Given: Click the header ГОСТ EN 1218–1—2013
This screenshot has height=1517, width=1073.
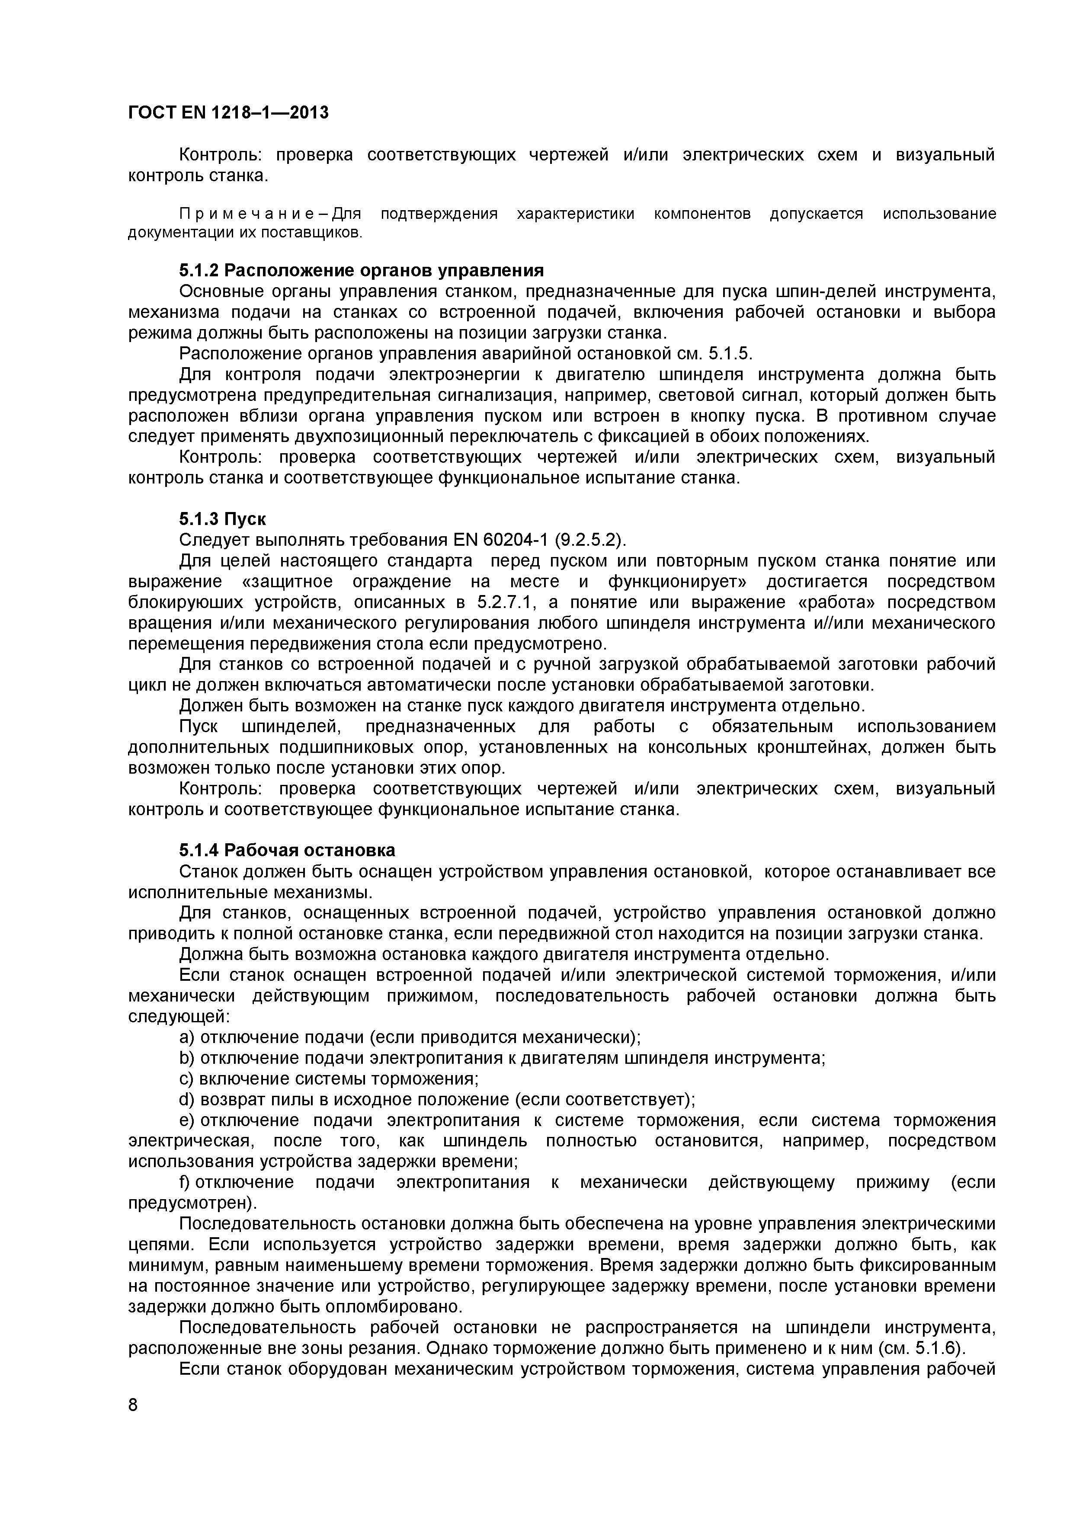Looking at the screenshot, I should click(227, 113).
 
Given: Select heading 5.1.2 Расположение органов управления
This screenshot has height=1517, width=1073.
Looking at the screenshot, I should click(362, 270).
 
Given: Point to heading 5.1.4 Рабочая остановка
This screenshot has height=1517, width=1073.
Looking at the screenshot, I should click(288, 850).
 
